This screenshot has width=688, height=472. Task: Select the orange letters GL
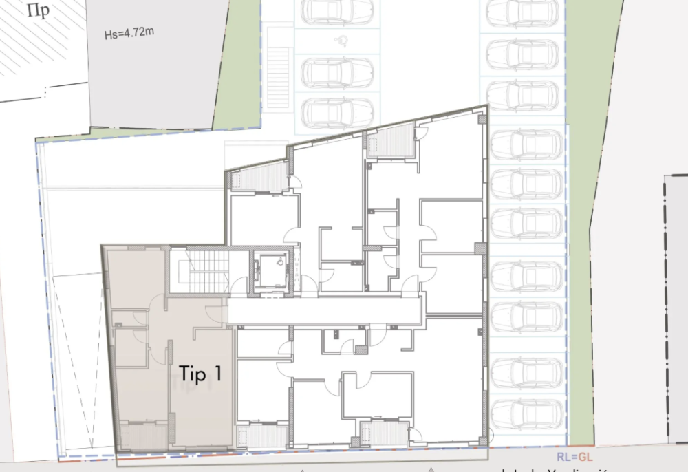point(585,456)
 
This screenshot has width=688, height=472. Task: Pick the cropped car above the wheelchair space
point(337,10)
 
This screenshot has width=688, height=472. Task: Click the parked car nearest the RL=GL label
point(528,413)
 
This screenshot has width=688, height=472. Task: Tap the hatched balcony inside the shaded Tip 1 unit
point(143,436)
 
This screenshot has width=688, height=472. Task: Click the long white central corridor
point(323,310)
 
